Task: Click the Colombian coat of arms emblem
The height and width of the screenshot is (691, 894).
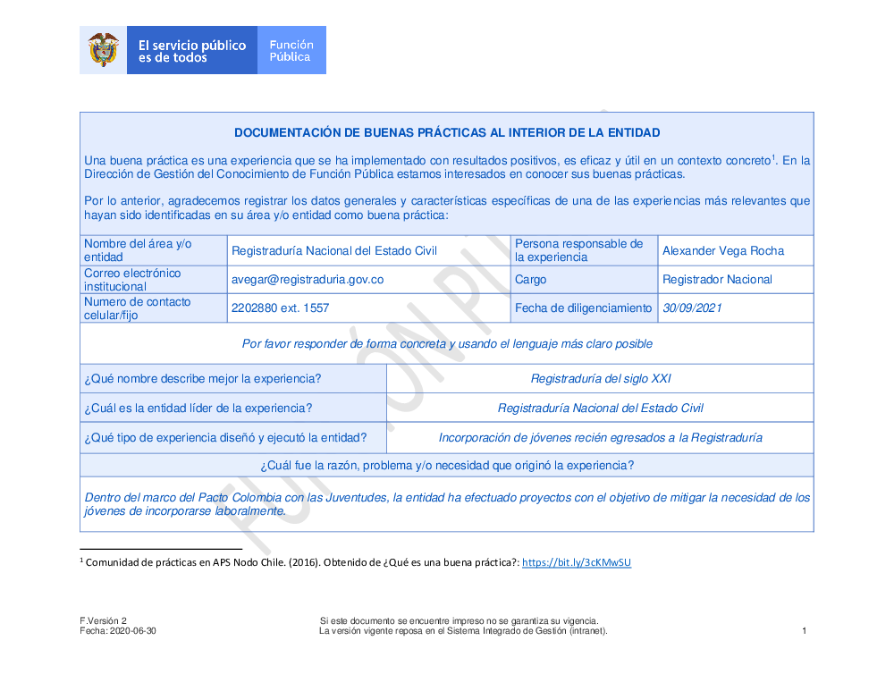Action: click(104, 50)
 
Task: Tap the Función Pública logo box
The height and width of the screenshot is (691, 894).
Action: click(291, 50)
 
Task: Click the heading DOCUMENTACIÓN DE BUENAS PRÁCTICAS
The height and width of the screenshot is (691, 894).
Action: click(447, 133)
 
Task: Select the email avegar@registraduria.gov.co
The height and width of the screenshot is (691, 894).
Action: click(308, 280)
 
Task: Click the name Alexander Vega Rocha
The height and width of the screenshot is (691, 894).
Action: click(723, 251)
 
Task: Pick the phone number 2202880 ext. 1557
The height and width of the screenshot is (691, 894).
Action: click(280, 308)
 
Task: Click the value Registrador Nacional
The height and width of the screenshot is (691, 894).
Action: click(717, 280)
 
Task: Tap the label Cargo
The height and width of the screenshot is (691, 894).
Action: click(530, 280)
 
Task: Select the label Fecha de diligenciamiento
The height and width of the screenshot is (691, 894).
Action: click(583, 308)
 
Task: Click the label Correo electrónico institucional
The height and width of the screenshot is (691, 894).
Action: click(132, 280)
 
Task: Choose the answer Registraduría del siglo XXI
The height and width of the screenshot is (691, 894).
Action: click(601, 379)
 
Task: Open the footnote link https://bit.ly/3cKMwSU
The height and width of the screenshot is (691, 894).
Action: click(577, 563)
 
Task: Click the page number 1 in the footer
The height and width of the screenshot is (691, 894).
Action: click(805, 631)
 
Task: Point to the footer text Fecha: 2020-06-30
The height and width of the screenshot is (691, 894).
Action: click(118, 631)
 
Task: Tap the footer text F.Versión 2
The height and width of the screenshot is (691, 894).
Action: click(104, 621)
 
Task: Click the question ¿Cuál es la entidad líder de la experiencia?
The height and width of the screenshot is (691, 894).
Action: click(198, 409)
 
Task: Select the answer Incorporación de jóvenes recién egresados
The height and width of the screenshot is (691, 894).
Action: click(601, 438)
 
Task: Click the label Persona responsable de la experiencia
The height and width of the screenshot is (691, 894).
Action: click(578, 250)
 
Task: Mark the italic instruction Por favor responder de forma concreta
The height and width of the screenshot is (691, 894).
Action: click(447, 344)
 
